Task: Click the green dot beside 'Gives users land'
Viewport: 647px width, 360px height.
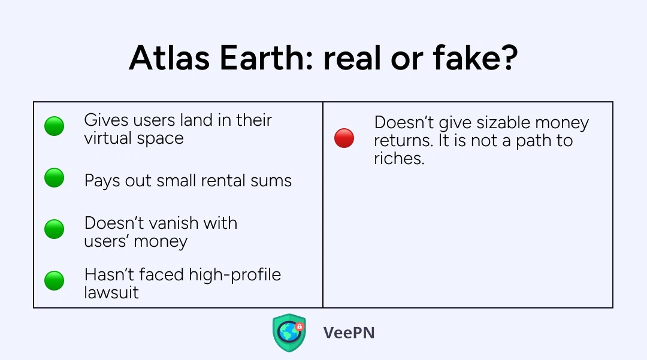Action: [x=54, y=126]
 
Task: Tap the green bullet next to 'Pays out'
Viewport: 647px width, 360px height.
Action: [x=54, y=178]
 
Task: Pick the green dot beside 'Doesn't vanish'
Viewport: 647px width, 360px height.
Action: [x=54, y=229]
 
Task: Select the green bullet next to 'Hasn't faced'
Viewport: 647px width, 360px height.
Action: [x=54, y=280]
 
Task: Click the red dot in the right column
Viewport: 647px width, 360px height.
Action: [x=344, y=138]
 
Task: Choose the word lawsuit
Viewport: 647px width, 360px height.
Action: [x=111, y=293]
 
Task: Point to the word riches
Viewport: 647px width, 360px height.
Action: [x=399, y=158]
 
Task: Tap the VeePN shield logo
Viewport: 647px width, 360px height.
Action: [x=289, y=333]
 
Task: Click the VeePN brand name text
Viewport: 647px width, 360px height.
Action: [x=349, y=333]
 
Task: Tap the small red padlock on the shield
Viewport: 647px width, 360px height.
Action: [x=300, y=327]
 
